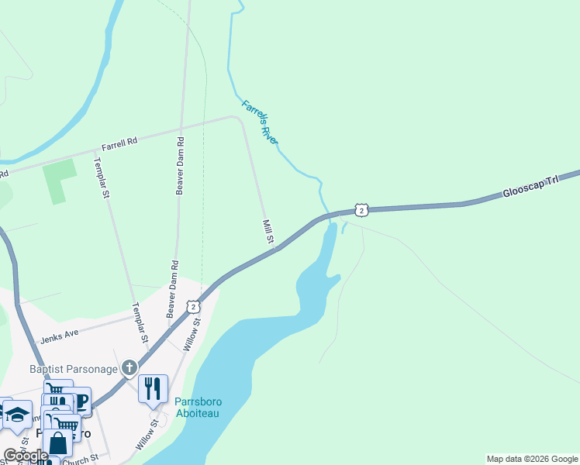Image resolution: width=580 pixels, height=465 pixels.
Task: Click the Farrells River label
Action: coord(260,122)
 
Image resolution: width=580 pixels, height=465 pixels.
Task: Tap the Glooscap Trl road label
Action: coord(530,185)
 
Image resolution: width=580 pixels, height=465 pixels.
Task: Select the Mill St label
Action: coord(268,232)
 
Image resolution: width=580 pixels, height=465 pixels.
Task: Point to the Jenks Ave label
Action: coord(60,338)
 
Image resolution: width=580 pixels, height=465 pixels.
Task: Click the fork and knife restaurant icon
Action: coord(153,387)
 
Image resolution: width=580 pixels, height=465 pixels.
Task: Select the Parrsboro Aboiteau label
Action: coord(200,408)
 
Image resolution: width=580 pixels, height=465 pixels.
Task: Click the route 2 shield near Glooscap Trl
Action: coord(361,210)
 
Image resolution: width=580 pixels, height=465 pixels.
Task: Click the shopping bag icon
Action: coord(57,443)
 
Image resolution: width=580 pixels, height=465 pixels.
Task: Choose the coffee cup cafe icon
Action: coord(81,400)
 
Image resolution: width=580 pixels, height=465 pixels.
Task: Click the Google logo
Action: coord(25,456)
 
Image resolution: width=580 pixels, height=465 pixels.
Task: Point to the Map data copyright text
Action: coord(531,459)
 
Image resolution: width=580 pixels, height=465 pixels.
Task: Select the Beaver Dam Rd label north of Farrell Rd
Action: coord(180,166)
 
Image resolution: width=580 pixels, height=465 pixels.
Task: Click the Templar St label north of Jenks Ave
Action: coord(102,178)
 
